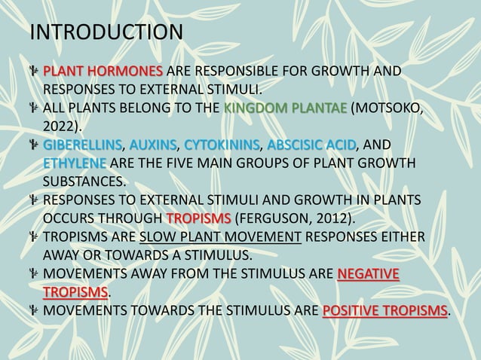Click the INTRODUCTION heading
[x=106, y=33]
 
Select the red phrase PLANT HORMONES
[x=102, y=72]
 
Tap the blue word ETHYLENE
[x=75, y=163]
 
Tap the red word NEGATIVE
[x=369, y=273]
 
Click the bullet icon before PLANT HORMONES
[x=34, y=72]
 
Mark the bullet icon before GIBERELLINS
[x=34, y=145]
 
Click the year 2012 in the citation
[x=332, y=218]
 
